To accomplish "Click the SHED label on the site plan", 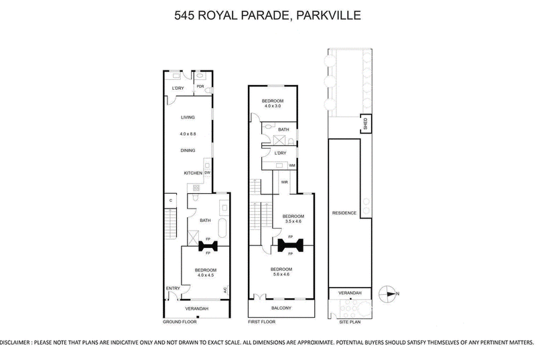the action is click(365, 124).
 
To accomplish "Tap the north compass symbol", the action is click(388, 294).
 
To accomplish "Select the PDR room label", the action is click(200, 86).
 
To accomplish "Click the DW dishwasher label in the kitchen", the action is click(207, 173).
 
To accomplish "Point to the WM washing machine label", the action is click(292, 166).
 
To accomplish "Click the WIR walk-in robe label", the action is click(284, 182).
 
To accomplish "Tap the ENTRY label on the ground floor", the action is click(173, 288).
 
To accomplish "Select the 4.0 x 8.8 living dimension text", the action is click(188, 134).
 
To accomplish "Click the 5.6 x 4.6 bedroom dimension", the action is click(281, 274).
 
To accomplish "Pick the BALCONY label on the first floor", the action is click(281, 308).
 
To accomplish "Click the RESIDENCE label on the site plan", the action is click(344, 213).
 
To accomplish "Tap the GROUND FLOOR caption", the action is click(180, 322).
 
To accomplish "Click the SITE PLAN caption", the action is click(350, 322).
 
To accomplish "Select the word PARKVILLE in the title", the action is click(328, 15).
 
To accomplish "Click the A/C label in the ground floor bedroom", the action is click(225, 290).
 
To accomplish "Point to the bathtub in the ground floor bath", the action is click(222, 229).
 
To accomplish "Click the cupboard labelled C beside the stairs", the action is click(171, 200).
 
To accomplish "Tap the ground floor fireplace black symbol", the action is click(208, 246).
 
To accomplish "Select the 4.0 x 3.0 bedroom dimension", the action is click(273, 106).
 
